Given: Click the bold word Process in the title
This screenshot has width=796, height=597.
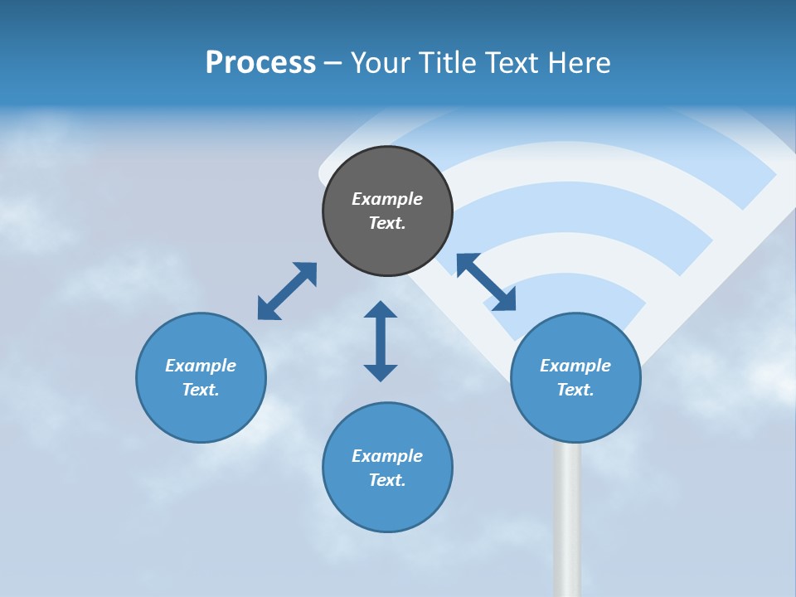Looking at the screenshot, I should pyautogui.click(x=260, y=63).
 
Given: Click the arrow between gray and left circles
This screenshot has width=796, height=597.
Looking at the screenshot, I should pyautogui.click(x=287, y=291).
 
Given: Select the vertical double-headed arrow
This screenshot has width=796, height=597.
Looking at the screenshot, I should pyautogui.click(x=381, y=341).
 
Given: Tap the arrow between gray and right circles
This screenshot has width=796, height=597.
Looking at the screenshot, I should pyautogui.click(x=486, y=282).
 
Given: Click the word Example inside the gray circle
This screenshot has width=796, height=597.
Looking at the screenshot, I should pyautogui.click(x=387, y=199).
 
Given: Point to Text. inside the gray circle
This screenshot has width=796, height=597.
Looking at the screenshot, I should pyautogui.click(x=387, y=223).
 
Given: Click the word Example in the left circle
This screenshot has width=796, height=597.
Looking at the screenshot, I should pyautogui.click(x=201, y=366).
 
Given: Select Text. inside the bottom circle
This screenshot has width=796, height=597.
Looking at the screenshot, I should pyautogui.click(x=387, y=480).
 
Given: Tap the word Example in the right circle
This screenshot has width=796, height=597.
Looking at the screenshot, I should pyautogui.click(x=575, y=366).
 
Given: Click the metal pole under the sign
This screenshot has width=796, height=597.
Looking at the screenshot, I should pyautogui.click(x=567, y=522).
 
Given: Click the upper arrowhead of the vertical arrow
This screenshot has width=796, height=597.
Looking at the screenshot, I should pyautogui.click(x=381, y=310).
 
